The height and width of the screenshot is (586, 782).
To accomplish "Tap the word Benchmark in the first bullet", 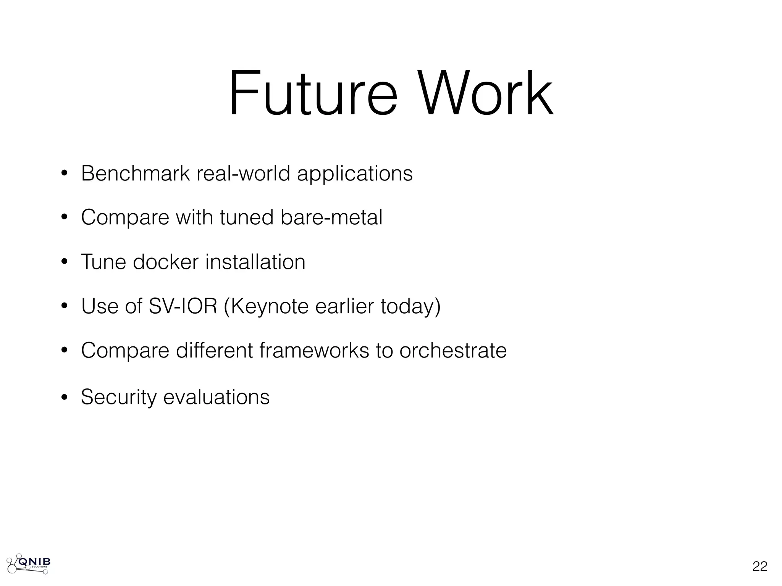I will point(135,174).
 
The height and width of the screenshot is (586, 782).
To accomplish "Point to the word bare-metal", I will point(331,217).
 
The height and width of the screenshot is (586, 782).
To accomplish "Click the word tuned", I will point(247,217).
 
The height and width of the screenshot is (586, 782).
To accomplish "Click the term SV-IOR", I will point(183,306).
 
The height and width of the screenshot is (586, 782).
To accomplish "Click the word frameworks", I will point(314,350).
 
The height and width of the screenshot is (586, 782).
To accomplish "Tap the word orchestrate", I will point(453,350).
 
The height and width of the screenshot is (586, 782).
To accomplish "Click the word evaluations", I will point(216,397).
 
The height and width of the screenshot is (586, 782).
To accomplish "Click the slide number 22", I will point(759,567).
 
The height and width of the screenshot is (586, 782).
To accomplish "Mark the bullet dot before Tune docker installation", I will point(64,262).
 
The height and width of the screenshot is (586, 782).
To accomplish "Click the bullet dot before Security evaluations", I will point(64,397).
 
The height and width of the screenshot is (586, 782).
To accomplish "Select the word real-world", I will point(243,174).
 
